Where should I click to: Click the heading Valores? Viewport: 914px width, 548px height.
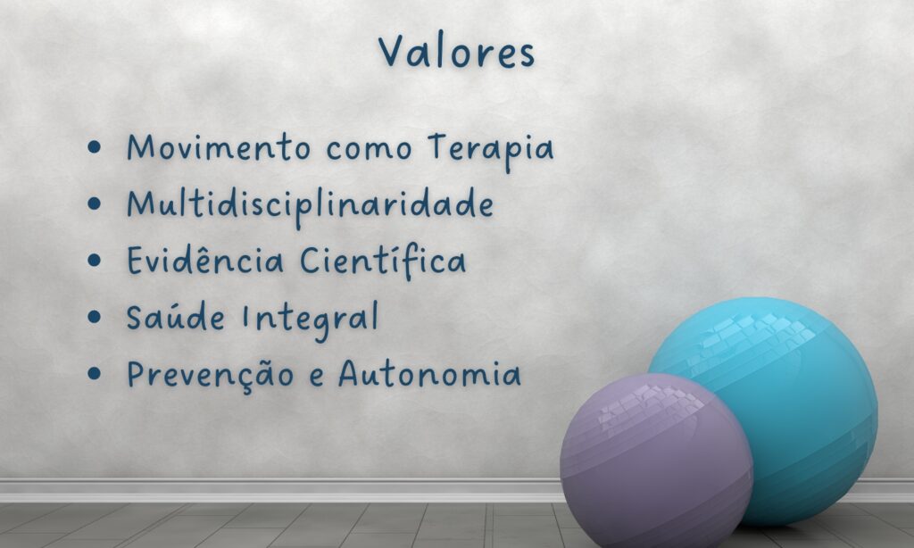click(x=456, y=51)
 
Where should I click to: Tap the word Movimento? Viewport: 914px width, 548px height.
click(x=220, y=147)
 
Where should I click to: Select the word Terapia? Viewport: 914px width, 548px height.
click(x=490, y=149)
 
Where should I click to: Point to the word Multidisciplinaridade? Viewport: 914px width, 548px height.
click(x=310, y=206)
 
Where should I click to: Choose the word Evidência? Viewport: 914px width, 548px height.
click(x=205, y=260)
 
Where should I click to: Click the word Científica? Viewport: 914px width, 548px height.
click(x=383, y=262)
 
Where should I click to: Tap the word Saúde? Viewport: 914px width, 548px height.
click(x=176, y=317)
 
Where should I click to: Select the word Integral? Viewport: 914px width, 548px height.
click(x=310, y=320)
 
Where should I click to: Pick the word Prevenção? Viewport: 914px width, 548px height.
click(x=211, y=374)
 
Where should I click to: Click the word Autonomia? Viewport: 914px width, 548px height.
click(x=429, y=374)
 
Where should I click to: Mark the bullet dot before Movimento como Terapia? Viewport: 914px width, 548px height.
click(x=94, y=147)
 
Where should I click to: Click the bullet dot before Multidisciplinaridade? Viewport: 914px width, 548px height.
click(x=94, y=204)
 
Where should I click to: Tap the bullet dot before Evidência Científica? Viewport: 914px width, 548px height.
click(x=94, y=260)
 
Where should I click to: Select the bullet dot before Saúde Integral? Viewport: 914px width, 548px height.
click(x=94, y=317)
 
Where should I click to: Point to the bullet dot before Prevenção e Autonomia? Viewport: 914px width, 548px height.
click(x=94, y=373)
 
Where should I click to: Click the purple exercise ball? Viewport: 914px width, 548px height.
click(x=656, y=461)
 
